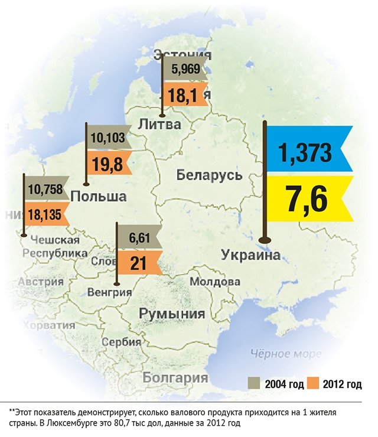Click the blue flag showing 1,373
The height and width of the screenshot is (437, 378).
pyautogui.click(x=308, y=153)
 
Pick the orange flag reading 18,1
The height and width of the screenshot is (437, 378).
pyautogui.click(x=185, y=94)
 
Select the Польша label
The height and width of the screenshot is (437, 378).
pyautogui.click(x=98, y=196)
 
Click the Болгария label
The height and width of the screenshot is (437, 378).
pyautogui.click(x=175, y=377)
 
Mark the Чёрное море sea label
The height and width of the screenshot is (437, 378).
pyautogui.click(x=286, y=354)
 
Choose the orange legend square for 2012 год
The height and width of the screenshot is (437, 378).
pyautogui.click(x=312, y=384)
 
